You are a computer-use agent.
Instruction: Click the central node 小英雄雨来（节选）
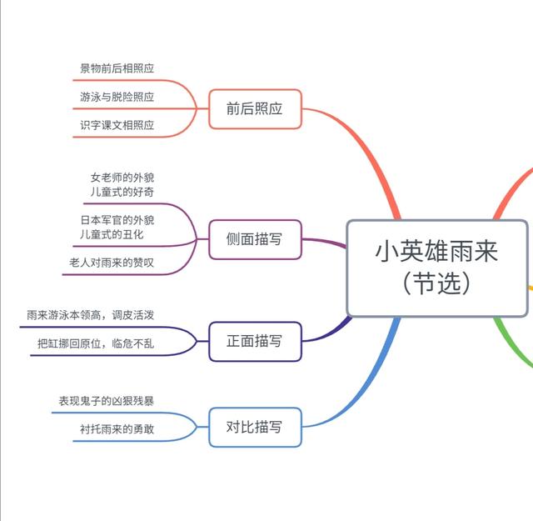point(437,268)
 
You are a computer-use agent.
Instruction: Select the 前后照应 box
point(254,108)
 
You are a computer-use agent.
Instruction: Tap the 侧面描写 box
point(254,239)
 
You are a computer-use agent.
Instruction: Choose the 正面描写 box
point(254,341)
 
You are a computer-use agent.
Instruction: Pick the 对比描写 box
point(254,427)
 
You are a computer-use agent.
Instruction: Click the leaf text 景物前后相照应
point(117,68)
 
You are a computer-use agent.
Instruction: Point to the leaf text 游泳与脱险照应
point(117,97)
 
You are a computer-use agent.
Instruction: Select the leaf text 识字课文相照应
point(117,125)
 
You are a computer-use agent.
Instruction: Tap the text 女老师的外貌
point(122,177)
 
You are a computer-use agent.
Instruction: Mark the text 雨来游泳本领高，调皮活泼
point(90,314)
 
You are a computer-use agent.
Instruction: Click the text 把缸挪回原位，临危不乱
point(95,343)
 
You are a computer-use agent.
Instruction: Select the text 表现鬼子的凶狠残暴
point(106,401)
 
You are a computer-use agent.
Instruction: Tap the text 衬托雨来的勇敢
point(117,429)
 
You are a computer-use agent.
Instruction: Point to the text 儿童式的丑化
point(122,235)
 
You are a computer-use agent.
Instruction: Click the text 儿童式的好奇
point(122,192)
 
